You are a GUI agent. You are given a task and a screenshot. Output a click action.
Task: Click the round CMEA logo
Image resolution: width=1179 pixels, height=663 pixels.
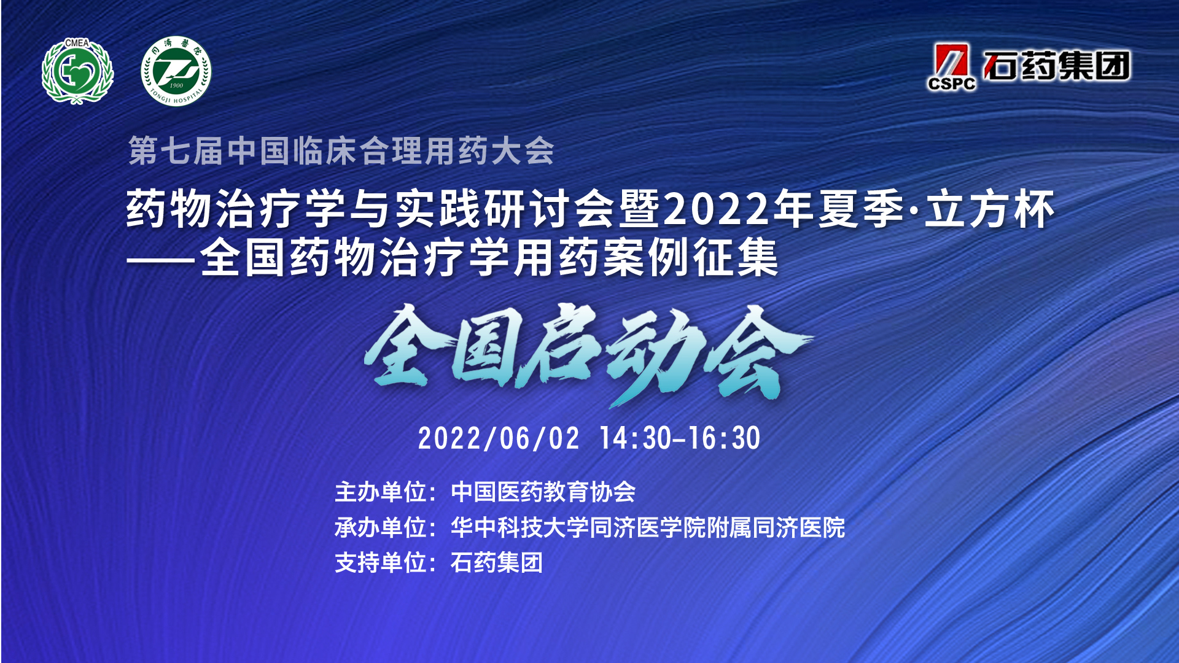tap(77, 71)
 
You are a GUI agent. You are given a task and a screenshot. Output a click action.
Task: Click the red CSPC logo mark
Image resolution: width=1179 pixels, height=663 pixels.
tap(951, 67)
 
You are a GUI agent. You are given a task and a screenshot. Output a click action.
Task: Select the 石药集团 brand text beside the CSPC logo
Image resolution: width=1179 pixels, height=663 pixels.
tap(1057, 66)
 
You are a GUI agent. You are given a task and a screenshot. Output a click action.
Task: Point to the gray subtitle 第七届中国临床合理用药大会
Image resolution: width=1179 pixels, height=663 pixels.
tap(341, 150)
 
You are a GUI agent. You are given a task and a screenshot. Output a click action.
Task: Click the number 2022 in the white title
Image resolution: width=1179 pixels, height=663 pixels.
tap(716, 209)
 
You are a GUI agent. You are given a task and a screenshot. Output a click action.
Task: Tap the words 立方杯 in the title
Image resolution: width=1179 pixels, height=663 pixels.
tap(990, 209)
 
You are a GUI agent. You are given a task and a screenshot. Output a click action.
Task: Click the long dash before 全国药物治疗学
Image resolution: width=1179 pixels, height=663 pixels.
tap(161, 260)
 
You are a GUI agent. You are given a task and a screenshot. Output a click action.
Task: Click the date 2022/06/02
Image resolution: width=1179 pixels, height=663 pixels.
tap(499, 438)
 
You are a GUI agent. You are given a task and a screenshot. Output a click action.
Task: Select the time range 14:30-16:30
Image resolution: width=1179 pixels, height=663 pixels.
tap(680, 438)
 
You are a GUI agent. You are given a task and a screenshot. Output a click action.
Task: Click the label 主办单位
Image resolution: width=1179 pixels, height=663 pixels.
tap(381, 492)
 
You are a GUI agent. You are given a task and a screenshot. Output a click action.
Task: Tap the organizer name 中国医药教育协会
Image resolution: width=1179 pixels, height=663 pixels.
tap(543, 492)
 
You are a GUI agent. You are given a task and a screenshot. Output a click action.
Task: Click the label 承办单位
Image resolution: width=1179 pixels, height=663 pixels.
tap(381, 527)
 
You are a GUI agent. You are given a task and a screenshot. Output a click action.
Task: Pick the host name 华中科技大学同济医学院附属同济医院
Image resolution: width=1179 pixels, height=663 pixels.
tap(648, 527)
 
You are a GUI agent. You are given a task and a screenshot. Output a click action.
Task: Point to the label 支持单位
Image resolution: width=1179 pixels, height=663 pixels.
tap(381, 562)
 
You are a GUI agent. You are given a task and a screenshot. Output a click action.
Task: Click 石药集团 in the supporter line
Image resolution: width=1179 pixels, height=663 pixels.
tap(497, 562)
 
